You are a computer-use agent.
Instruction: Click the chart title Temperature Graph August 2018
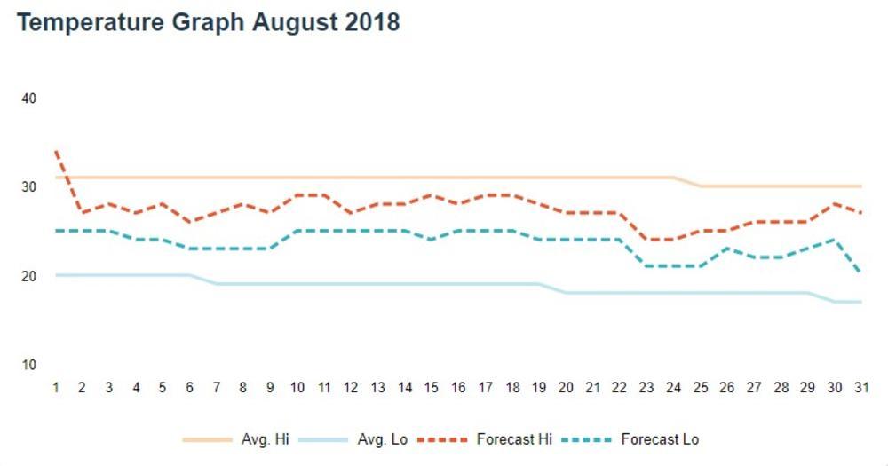click(209, 22)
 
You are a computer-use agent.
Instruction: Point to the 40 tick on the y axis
click(28, 98)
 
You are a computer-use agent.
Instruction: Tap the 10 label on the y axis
click(28, 365)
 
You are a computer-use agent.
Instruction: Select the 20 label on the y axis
click(28, 276)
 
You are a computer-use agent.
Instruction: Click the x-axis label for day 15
click(431, 388)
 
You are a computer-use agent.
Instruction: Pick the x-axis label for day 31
click(860, 388)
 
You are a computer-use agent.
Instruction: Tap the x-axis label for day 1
click(56, 388)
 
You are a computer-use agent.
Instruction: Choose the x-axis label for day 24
click(672, 388)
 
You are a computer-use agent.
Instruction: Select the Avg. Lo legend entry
click(355, 439)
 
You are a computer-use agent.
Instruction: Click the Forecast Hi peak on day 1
click(56, 151)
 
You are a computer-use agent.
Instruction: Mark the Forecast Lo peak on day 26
click(726, 249)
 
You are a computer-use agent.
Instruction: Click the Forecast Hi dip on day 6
click(190, 222)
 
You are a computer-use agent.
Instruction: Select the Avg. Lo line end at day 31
click(860, 302)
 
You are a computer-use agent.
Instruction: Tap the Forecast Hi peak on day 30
click(833, 203)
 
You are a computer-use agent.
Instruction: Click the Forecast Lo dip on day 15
click(431, 240)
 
